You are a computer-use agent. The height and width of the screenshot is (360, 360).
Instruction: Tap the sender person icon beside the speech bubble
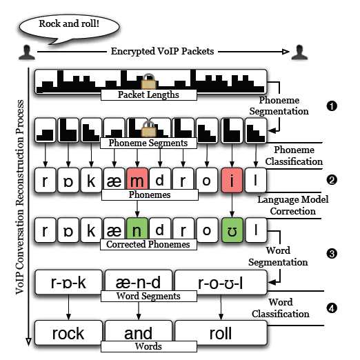coord(27,52)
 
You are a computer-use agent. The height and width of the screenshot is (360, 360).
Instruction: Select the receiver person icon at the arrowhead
coord(299,52)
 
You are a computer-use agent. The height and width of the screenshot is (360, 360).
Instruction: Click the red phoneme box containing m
coord(137,180)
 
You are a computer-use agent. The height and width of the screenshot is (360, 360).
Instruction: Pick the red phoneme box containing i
coord(232,180)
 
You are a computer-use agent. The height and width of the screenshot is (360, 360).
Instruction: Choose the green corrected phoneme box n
coord(137,229)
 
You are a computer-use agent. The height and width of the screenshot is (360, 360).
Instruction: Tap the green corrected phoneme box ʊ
coord(232,230)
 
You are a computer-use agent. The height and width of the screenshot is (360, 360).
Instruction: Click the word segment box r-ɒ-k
coord(68,282)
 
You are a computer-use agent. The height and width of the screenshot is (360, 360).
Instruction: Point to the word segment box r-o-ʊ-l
coord(221,282)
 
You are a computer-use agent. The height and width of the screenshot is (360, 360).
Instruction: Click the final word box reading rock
coord(68,332)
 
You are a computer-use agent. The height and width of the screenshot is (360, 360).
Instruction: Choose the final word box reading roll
coord(221,332)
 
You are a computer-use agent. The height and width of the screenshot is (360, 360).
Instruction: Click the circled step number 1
coord(332,106)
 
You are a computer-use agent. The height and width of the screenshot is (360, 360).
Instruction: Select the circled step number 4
coord(332,308)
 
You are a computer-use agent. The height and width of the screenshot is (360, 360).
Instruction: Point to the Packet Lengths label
coord(149,94)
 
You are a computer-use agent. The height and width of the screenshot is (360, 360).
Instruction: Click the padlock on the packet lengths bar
coord(149,81)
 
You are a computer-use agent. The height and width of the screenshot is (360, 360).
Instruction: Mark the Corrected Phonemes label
coord(148,244)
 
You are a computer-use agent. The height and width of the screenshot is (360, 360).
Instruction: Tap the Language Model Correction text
coord(292,206)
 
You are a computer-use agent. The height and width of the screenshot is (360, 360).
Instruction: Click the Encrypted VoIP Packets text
coord(162,51)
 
